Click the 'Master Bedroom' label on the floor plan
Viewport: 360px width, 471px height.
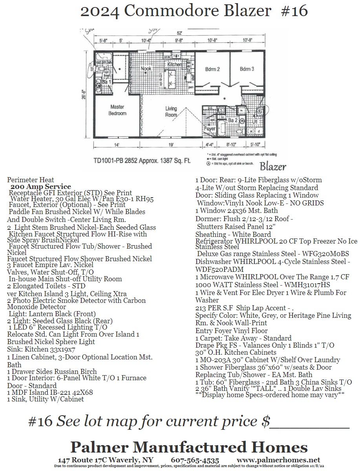[118, 110]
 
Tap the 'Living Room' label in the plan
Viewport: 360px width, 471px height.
[171, 112]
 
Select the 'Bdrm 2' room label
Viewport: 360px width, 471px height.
[212, 69]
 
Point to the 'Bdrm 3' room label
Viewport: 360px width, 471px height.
[247, 69]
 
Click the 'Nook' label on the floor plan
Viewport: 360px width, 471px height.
[146, 69]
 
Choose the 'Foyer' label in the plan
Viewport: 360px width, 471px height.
[210, 128]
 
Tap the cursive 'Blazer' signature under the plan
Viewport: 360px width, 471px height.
[273, 166]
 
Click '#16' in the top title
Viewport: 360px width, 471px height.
[294, 11]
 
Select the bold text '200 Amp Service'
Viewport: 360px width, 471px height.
[41, 187]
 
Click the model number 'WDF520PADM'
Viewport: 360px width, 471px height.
[220, 269]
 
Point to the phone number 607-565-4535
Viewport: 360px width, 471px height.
[195, 460]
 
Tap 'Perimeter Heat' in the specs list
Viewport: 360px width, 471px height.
[31, 180]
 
